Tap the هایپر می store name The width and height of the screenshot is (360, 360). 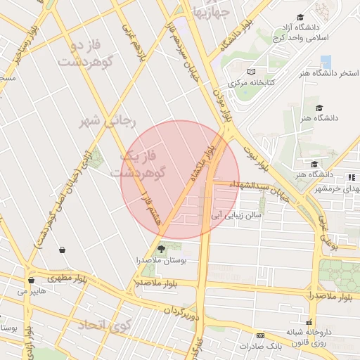tap(32, 290)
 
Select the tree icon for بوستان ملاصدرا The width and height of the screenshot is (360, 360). tap(162, 248)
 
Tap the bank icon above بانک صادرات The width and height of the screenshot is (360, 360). tap(260, 335)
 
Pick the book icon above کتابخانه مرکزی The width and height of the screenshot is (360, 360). tap(252, 71)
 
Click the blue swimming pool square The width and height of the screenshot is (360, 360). tap(325, 61)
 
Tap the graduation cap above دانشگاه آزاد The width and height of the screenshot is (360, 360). tap(301, 17)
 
